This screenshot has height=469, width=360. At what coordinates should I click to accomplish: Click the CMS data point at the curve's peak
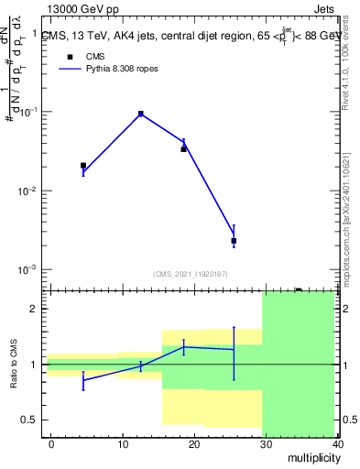click(x=141, y=114)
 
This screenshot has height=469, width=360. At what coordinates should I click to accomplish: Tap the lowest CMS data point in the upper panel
click(x=234, y=241)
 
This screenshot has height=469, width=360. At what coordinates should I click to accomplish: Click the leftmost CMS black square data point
click(x=83, y=166)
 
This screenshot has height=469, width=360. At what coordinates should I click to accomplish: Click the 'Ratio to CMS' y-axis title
click(x=14, y=365)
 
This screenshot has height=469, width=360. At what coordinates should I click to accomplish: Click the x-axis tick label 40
click(x=337, y=443)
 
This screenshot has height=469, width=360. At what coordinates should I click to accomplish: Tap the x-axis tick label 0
click(x=51, y=443)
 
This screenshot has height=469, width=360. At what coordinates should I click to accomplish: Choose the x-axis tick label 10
click(x=123, y=443)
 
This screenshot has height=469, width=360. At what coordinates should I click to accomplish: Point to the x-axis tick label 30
click(x=266, y=443)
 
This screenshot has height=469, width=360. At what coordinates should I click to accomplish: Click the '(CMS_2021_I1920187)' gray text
click(x=191, y=273)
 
